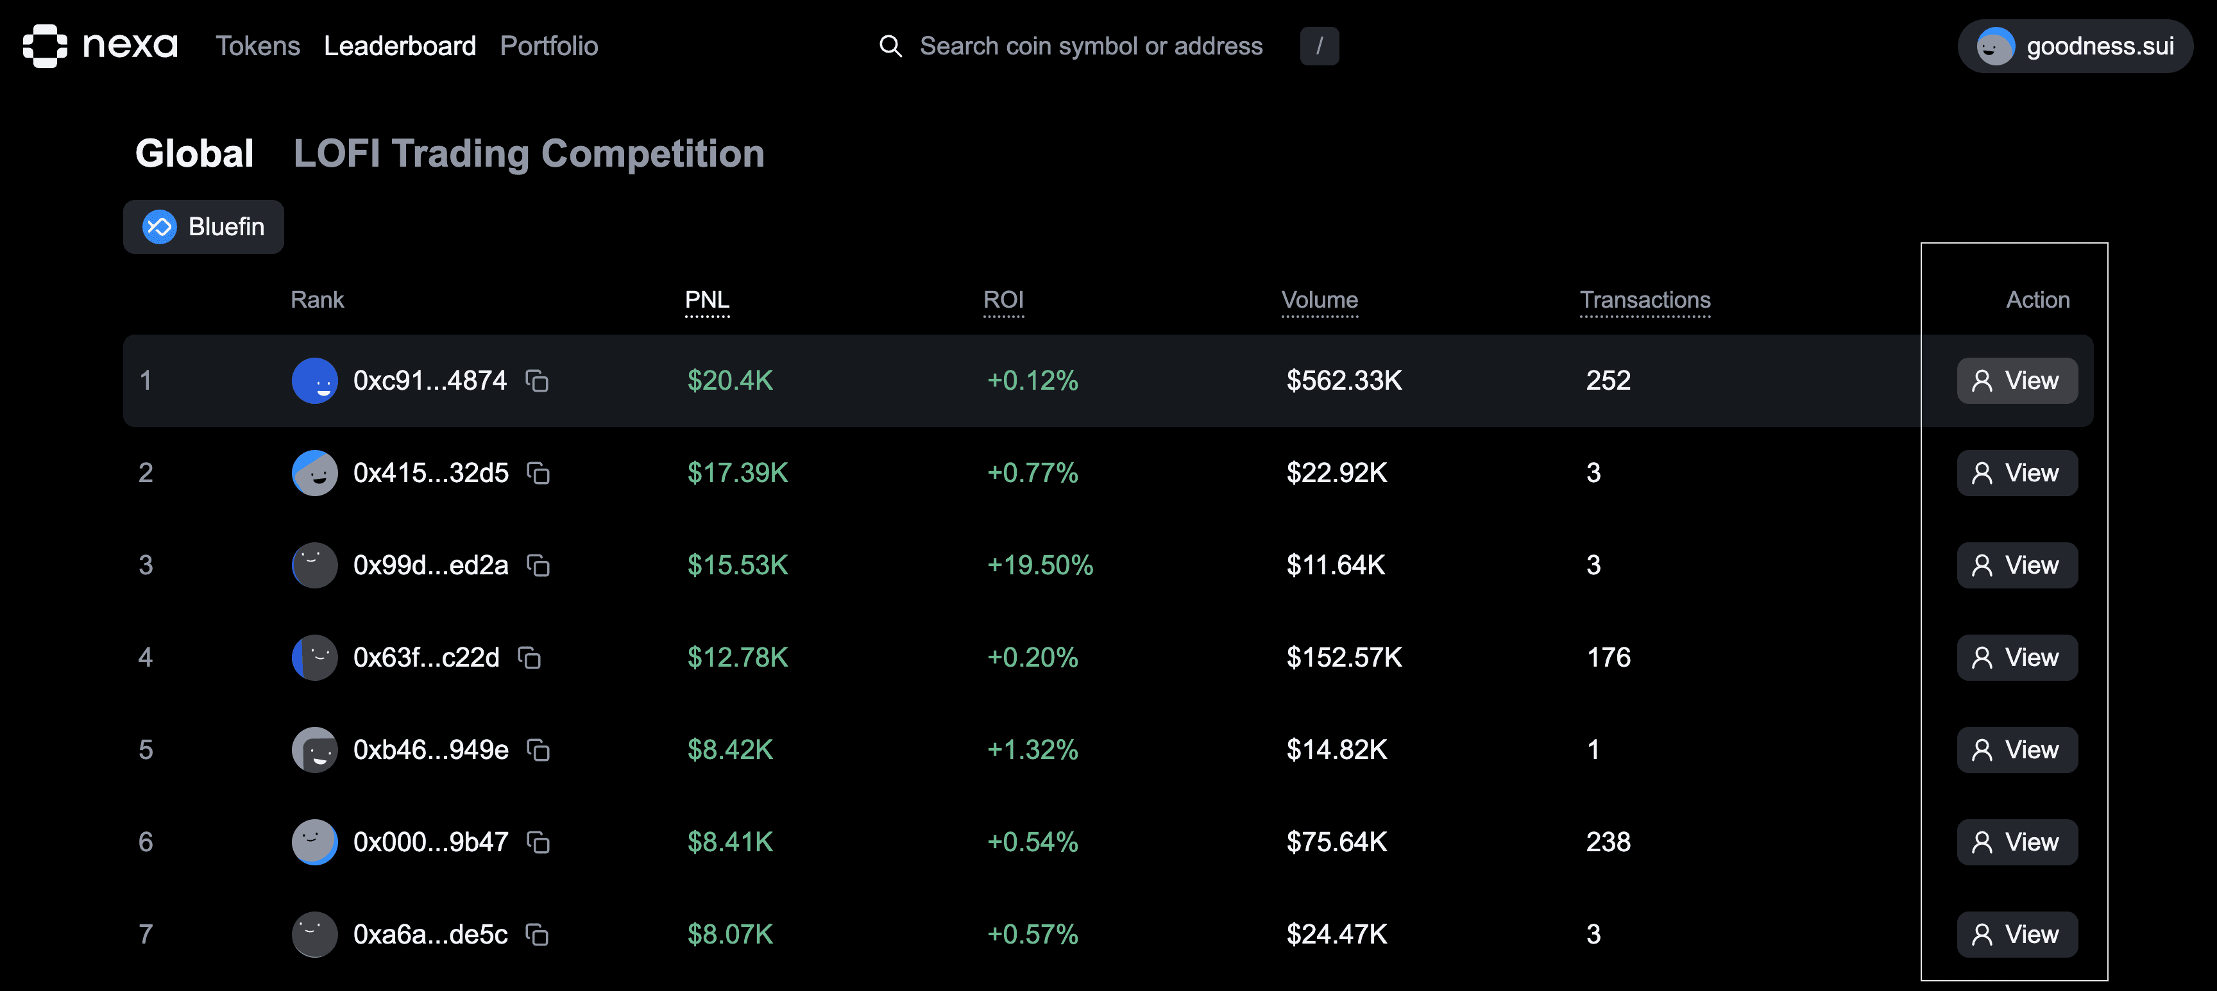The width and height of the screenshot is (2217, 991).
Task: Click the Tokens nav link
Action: tap(257, 46)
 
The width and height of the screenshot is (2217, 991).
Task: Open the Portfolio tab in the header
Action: tap(548, 46)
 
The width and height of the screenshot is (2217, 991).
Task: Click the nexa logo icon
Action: tap(45, 46)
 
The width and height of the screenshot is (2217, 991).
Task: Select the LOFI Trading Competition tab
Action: tap(529, 154)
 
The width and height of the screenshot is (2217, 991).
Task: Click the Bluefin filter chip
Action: tap(204, 227)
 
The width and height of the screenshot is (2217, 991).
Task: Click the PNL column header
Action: tap(706, 299)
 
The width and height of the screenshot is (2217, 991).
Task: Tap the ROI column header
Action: tap(1003, 299)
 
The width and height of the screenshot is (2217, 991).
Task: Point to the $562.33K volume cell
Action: tap(1343, 380)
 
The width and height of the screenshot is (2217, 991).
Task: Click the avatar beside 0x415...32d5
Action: tap(314, 473)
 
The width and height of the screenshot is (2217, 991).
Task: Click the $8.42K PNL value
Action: tap(730, 750)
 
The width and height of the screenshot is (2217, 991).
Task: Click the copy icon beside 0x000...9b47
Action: tap(538, 843)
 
